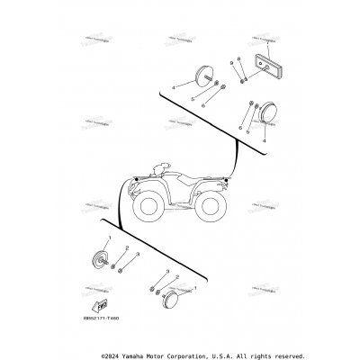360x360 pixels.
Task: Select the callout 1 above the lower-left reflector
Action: (109, 238)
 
